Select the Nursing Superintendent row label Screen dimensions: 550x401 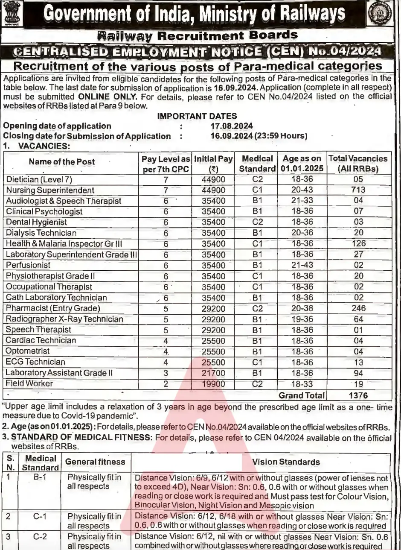pos(50,190)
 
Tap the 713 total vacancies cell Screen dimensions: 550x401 pos(359,190)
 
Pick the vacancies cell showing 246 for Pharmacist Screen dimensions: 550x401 pos(359,308)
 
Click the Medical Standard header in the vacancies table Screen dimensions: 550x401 pos(257,163)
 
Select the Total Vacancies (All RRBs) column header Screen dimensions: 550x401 pos(358,163)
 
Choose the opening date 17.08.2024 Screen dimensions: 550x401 pos(232,126)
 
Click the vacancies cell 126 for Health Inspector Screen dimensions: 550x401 pos(359,243)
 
